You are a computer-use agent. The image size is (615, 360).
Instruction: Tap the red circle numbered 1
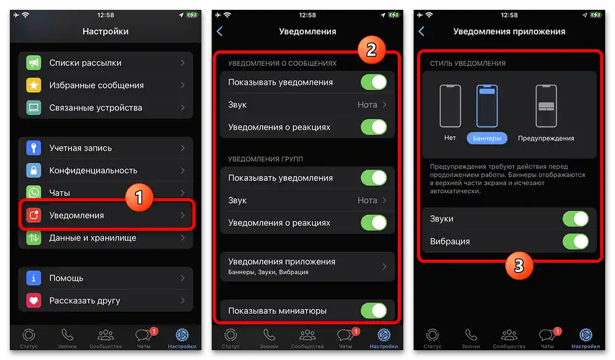[139, 197]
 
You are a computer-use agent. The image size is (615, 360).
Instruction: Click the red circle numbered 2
[371, 50]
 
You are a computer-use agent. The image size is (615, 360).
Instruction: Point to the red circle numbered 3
[519, 265]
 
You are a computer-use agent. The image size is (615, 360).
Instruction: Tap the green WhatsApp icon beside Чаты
[33, 193]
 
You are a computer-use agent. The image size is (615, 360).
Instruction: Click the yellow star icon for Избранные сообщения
[33, 86]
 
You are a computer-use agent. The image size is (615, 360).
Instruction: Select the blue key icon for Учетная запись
[33, 148]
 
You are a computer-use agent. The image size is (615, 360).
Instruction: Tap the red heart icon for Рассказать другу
[33, 301]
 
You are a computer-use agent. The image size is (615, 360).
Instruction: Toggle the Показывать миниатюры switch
[373, 311]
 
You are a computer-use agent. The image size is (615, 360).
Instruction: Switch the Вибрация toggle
[575, 241]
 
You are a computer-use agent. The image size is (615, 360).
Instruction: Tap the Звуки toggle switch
[575, 219]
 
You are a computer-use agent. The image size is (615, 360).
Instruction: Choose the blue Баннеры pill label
[486, 138]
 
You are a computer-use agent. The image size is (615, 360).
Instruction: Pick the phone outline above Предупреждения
[546, 106]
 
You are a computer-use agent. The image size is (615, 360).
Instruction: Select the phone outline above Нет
[450, 106]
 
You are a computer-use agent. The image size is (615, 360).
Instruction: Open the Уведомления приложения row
[307, 266]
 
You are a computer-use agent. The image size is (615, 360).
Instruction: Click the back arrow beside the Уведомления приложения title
[421, 31]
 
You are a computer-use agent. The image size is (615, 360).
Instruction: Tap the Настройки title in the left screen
[106, 31]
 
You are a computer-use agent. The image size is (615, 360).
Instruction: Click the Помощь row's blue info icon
[33, 278]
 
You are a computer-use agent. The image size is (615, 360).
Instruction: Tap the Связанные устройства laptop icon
[33, 108]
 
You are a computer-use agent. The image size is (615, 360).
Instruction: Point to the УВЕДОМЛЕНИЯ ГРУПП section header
[265, 159]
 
